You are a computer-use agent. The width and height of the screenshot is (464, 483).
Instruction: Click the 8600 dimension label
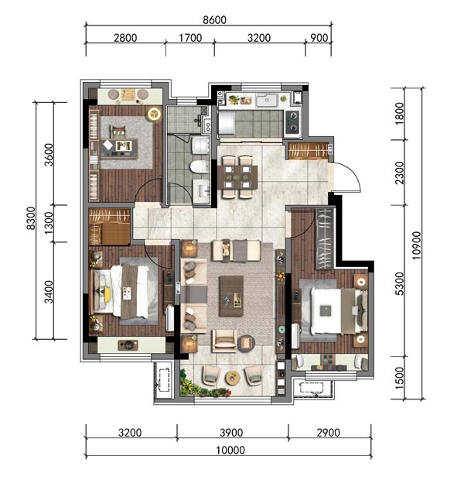coord(214,20)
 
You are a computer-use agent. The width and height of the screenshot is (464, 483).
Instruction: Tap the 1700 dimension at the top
coord(190,38)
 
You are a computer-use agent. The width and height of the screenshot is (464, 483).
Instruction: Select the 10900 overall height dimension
coord(416,245)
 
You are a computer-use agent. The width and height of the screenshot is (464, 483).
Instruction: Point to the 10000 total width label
coord(230,450)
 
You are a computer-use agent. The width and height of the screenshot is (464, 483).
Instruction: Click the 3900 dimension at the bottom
coord(231,433)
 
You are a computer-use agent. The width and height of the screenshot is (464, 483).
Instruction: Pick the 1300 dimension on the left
coord(49,223)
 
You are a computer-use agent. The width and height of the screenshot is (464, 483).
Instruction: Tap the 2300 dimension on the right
coord(399,173)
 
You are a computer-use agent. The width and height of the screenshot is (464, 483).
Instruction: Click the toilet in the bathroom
coord(199,166)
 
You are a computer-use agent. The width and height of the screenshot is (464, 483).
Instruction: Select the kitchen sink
coord(267,100)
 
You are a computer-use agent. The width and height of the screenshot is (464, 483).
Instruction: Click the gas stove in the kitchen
coord(292,122)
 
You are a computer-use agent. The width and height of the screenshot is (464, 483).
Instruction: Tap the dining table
coord(237,177)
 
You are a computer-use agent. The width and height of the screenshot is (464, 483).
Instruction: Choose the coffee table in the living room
coord(231,296)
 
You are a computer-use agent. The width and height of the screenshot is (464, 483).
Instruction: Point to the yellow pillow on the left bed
coord(107,294)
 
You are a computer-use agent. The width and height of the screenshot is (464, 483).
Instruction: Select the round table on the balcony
coord(232,378)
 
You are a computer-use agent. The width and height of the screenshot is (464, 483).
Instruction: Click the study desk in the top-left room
coord(119,148)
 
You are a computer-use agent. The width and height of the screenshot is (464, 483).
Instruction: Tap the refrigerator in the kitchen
coord(227,122)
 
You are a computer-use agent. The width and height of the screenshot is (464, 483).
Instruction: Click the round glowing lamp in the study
coord(154,114)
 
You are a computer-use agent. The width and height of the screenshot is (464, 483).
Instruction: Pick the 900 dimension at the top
coord(319,38)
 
